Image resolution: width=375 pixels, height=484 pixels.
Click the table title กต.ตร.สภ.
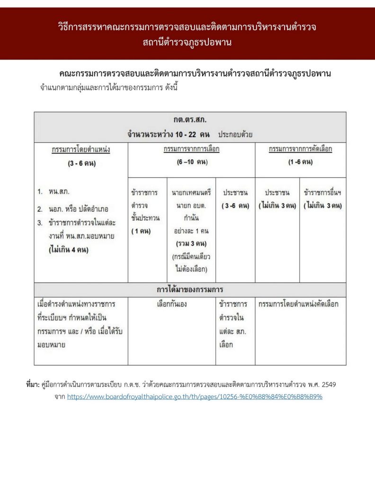tap(190, 120)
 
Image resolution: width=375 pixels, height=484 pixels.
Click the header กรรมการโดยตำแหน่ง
tap(81, 149)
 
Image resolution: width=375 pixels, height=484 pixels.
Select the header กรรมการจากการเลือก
tap(191, 149)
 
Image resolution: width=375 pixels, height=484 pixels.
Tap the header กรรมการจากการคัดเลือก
tap(300, 149)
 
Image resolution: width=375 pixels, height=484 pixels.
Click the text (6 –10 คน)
tap(191, 162)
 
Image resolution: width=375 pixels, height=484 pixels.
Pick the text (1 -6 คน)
tap(300, 162)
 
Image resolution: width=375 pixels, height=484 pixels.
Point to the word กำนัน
tap(191, 219)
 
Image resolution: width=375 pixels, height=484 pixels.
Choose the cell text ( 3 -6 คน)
tap(235, 206)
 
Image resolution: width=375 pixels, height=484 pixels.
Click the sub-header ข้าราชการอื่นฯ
tap(323, 193)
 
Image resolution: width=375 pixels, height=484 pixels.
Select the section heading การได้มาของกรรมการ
tap(190, 289)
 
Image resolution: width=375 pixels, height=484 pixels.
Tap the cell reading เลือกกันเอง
tap(172, 304)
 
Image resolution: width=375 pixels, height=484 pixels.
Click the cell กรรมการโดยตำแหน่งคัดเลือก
tap(299, 304)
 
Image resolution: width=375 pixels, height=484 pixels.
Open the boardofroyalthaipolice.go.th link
tap(195, 397)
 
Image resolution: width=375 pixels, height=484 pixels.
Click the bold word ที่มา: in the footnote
tap(33, 385)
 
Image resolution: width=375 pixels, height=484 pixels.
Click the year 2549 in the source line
tap(329, 385)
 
